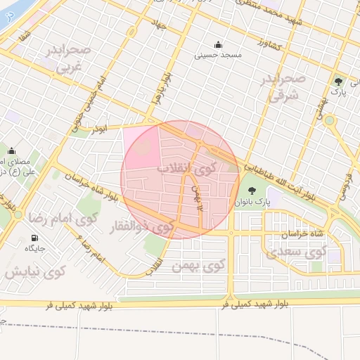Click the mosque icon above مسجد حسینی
[218, 44]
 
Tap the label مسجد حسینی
[218, 53]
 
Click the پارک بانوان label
[253, 202]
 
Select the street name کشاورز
[268, 44]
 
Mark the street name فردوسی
[345, 181]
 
